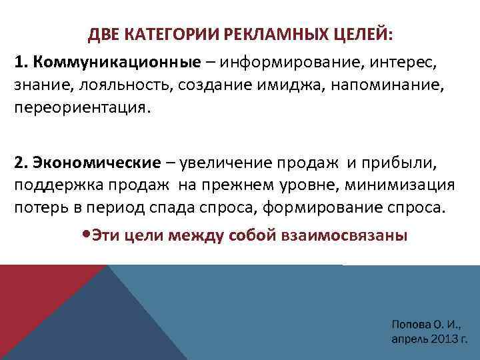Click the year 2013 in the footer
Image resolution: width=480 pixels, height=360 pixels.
(438, 338)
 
